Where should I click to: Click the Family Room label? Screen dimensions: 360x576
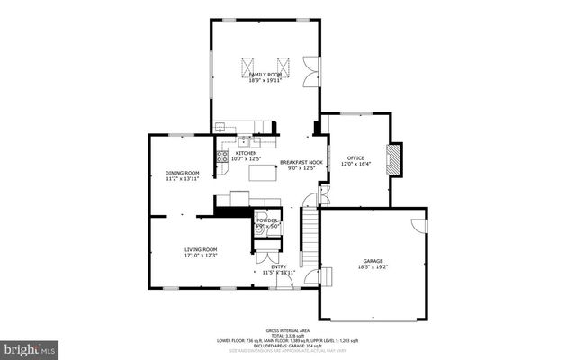pyautogui.click(x=266, y=74)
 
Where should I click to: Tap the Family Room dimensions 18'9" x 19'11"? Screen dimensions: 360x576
pyautogui.click(x=266, y=80)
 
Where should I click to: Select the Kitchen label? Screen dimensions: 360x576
pyautogui.click(x=246, y=153)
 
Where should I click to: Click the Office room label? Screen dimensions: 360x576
pyautogui.click(x=356, y=158)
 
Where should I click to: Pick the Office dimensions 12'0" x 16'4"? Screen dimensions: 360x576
pyautogui.click(x=356, y=165)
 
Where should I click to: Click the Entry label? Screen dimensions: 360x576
pyautogui.click(x=280, y=266)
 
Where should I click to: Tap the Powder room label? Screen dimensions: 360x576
pyautogui.click(x=267, y=220)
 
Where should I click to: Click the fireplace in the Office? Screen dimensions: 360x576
pyautogui.click(x=392, y=160)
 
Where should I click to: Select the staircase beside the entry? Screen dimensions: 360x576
pyautogui.click(x=310, y=235)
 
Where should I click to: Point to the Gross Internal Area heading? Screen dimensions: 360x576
pyautogui.click(x=288, y=331)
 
